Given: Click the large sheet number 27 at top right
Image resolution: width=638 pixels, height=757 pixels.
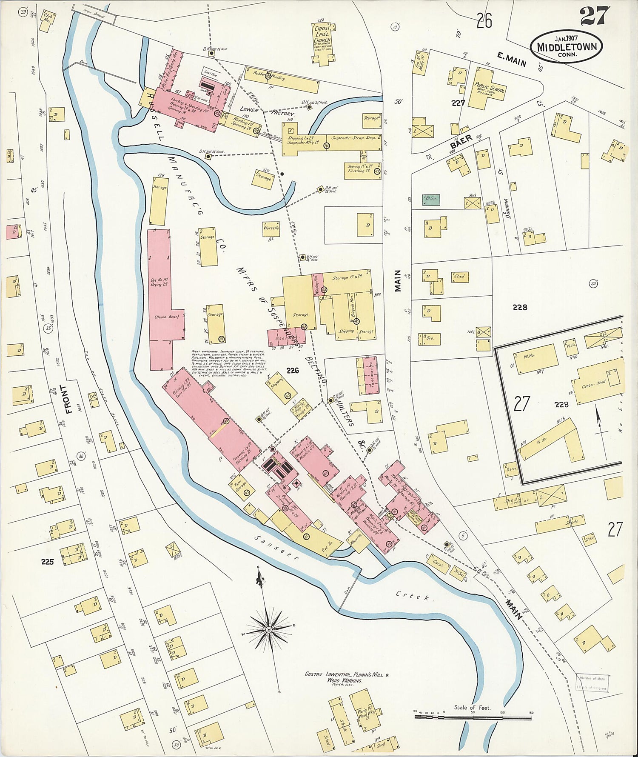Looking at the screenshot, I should coord(594,16).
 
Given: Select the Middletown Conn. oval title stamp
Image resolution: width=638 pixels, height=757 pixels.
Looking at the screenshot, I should coord(566,46).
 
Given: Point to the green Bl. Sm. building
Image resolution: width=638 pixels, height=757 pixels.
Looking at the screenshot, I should coord(430,200).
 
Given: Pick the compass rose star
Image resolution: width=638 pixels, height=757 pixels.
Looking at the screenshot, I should coord(269,629).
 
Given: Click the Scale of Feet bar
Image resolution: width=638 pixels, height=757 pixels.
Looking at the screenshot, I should coord(472,716).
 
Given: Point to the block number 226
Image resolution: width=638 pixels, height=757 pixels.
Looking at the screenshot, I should coord(293,371).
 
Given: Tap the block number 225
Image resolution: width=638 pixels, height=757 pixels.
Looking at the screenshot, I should coord(48,561).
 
